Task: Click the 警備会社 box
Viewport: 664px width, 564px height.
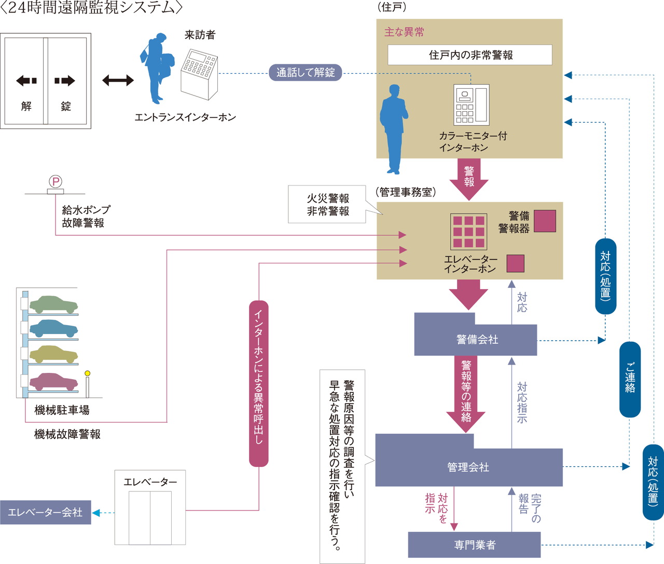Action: coord(476,340)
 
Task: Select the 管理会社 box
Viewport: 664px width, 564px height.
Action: coord(468,467)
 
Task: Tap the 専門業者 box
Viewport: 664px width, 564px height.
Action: coord(474,545)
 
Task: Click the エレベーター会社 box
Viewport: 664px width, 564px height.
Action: coord(46,512)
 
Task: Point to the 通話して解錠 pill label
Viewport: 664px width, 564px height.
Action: coord(306,73)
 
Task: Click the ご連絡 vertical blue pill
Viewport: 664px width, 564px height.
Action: coord(630,379)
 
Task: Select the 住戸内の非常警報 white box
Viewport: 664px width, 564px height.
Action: coord(470,55)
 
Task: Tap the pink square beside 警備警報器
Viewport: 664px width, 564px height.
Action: coord(545,221)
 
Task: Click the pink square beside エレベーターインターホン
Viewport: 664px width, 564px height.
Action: coord(515,263)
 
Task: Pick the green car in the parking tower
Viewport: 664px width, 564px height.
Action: coord(53,304)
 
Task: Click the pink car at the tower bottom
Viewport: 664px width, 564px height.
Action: coord(53,382)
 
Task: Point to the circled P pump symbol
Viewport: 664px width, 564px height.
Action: coord(56,182)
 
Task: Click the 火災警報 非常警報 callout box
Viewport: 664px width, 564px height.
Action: coord(327,205)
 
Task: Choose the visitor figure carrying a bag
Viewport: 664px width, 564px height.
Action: coord(157,68)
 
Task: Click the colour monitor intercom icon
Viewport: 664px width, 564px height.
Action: coord(471,105)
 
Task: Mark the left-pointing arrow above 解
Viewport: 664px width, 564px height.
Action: coord(26,80)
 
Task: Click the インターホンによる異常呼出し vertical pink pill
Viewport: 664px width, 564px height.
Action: coord(259,383)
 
